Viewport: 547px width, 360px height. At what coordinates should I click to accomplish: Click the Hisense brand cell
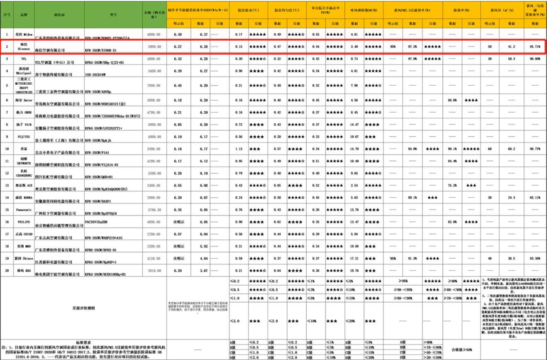coord(24,46)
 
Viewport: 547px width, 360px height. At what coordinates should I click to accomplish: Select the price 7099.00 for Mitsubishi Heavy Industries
coord(154,86)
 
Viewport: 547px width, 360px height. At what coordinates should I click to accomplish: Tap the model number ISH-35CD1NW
coord(95,75)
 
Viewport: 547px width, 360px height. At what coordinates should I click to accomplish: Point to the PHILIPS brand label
coord(24,222)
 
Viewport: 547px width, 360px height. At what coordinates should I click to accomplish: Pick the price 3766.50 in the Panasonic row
coord(154,210)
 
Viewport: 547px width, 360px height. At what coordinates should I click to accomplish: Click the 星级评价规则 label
coord(83,308)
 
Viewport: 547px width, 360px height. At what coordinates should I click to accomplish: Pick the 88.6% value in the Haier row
coord(452,100)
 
